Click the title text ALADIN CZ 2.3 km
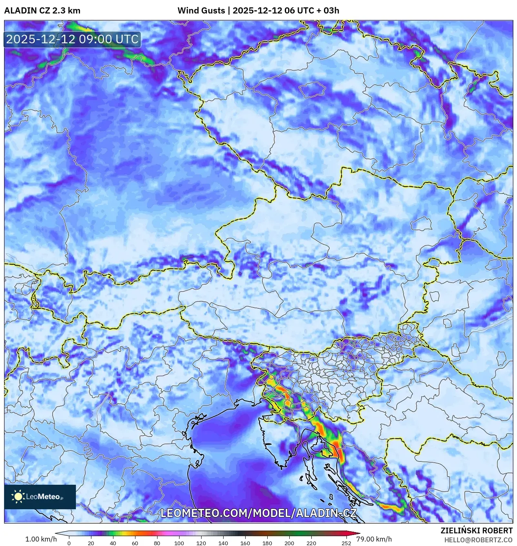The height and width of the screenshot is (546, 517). (42, 11)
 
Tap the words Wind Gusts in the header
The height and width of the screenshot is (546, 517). (201, 11)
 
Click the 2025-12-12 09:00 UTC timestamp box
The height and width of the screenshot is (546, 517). (72, 39)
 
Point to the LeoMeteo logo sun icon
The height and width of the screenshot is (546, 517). (18, 496)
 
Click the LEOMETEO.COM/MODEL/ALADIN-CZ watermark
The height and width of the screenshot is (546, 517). (258, 513)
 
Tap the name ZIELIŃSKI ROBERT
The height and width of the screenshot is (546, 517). (476, 530)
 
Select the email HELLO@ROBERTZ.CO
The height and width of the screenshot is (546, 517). (478, 540)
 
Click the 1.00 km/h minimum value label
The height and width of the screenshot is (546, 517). (41, 539)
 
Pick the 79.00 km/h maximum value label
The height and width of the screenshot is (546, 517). (374, 539)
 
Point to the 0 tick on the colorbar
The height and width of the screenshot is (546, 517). (69, 543)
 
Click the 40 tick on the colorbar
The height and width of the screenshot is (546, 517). (113, 543)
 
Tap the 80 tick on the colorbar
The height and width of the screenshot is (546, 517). (157, 543)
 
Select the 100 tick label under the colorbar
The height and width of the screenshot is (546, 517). (179, 543)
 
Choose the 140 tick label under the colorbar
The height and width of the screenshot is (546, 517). (223, 543)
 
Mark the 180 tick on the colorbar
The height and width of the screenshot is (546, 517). (267, 543)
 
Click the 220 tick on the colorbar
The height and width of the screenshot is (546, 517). (311, 543)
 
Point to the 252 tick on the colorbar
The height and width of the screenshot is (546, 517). (346, 543)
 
